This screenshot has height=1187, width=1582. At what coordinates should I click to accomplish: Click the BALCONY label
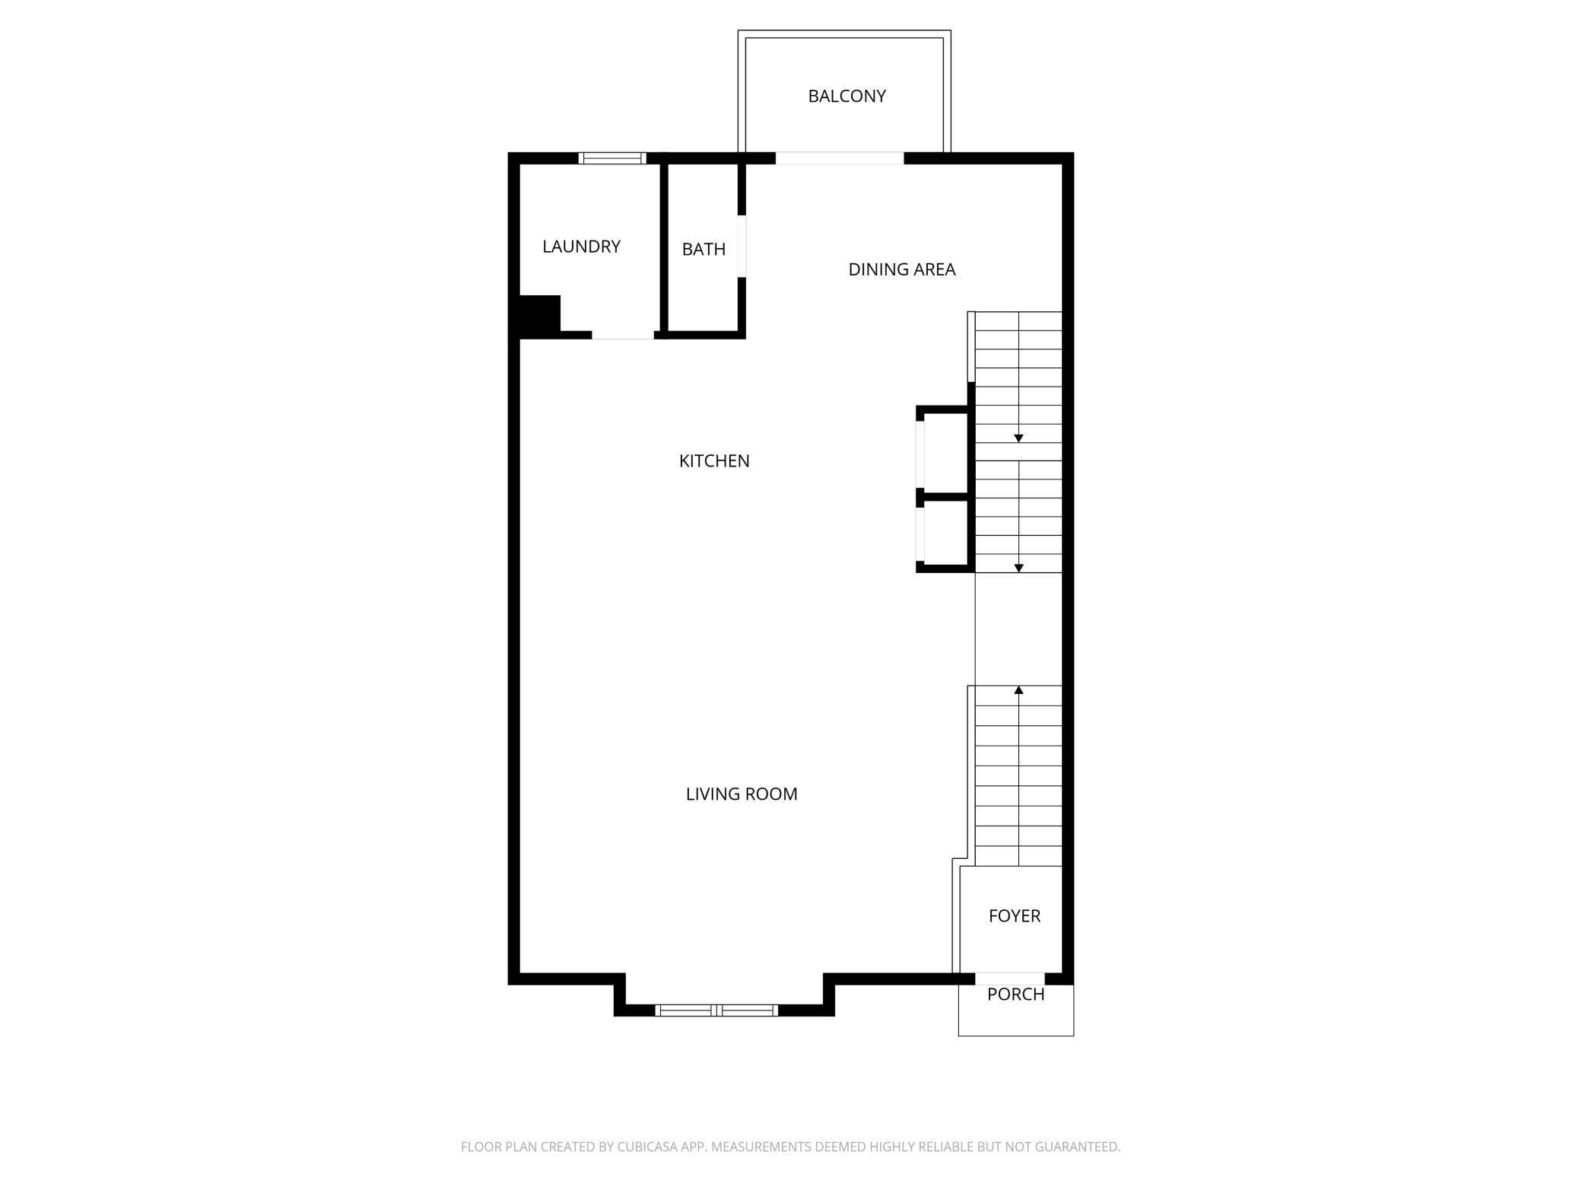[847, 97]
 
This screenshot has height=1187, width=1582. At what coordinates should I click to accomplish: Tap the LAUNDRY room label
[581, 247]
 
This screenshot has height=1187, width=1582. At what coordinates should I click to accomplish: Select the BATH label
[704, 250]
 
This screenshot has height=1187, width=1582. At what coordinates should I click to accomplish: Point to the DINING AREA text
[901, 269]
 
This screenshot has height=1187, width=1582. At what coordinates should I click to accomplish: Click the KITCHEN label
[714, 461]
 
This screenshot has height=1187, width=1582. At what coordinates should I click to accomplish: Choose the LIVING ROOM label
[742, 794]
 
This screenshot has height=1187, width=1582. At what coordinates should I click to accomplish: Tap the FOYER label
[1014, 916]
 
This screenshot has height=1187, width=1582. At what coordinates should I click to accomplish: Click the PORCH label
[1015, 994]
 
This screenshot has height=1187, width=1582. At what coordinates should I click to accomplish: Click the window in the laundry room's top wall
[612, 158]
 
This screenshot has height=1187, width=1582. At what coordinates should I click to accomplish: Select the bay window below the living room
[716, 1010]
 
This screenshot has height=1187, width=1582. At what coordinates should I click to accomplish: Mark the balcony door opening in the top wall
[840, 158]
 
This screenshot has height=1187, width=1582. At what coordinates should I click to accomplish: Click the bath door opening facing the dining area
[742, 247]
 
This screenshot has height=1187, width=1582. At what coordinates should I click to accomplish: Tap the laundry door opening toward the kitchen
[623, 335]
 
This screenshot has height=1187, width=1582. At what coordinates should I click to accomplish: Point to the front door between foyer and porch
[1010, 979]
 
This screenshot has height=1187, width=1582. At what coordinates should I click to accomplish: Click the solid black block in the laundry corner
[539, 313]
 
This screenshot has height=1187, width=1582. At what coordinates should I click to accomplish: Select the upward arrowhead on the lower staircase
[1018, 690]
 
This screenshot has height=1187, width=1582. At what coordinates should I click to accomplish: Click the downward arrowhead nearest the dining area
[1018, 438]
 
